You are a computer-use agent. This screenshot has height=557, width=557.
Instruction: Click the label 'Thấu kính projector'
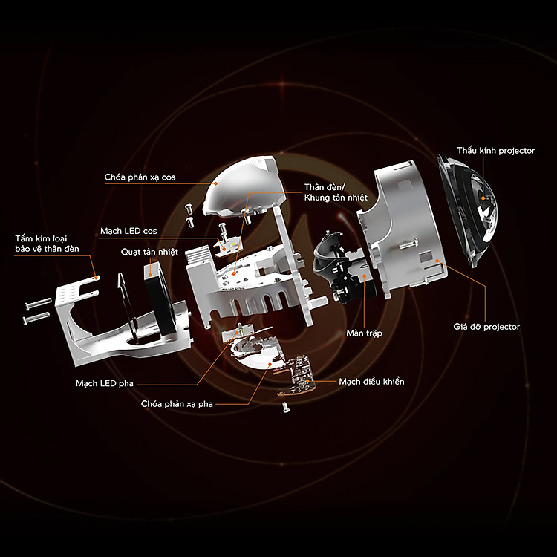tap(496, 151)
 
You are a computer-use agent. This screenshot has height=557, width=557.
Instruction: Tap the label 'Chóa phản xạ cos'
tap(140, 177)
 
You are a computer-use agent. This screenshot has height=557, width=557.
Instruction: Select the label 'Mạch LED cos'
tap(128, 231)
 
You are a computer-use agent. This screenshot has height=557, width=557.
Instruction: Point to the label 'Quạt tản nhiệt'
tap(149, 252)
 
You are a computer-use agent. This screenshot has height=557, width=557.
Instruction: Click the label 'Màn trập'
tap(365, 333)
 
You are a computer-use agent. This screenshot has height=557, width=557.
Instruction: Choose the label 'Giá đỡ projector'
tap(486, 327)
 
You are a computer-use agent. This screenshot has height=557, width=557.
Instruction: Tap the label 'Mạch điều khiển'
tap(371, 382)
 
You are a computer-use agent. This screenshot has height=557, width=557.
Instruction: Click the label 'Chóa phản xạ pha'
tap(177, 404)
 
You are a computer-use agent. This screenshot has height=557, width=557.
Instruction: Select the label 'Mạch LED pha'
tap(105, 383)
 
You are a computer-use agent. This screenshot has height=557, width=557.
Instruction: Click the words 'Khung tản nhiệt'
tap(336, 198)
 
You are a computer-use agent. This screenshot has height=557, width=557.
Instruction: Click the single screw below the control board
tap(286, 407)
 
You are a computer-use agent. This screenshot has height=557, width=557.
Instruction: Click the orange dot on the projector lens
tap(483, 198)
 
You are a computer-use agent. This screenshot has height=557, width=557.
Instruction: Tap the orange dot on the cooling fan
tap(150, 274)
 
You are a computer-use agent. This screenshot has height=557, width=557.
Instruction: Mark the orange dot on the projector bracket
tap(437, 261)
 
